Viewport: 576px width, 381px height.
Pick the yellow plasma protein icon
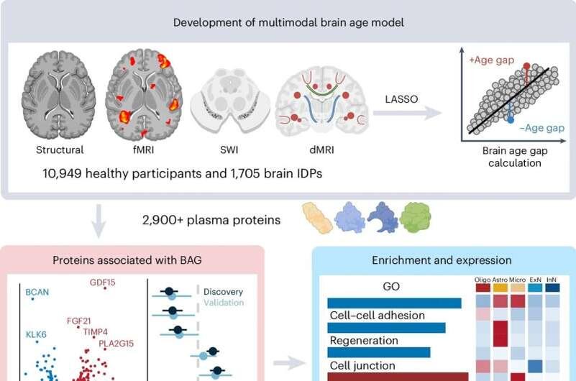click(316, 217)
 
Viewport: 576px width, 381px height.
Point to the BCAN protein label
click(37, 293)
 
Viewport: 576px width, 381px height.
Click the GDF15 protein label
click(103, 283)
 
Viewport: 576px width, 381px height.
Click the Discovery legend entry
click(223, 293)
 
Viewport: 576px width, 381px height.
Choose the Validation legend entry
click(223, 303)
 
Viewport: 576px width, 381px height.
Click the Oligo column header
click(483, 280)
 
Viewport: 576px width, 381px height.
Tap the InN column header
click(552, 280)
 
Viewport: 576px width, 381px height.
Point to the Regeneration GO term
click(363, 339)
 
